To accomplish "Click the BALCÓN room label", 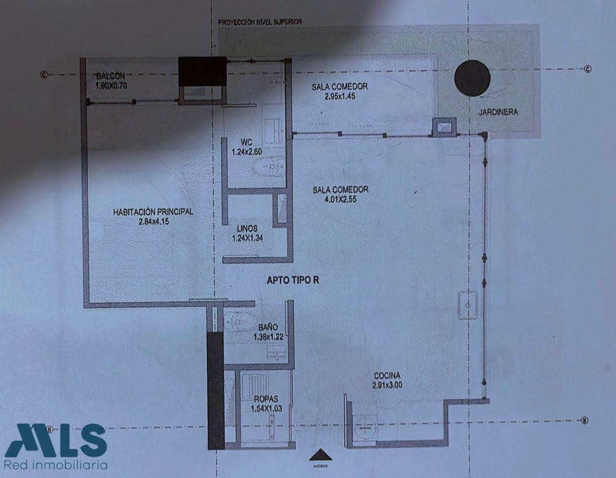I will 111,75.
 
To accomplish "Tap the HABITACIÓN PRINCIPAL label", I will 153,211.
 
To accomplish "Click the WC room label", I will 246,142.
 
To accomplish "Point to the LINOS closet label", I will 247,229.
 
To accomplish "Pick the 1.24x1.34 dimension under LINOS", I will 247,238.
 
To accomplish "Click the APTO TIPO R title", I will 294,281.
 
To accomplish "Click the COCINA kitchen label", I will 387,375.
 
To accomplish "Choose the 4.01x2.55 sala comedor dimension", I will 340,199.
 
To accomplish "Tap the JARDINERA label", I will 498,112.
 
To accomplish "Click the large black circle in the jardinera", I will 472,78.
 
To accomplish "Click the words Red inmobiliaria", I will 56,465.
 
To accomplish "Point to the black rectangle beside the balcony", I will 202,71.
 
